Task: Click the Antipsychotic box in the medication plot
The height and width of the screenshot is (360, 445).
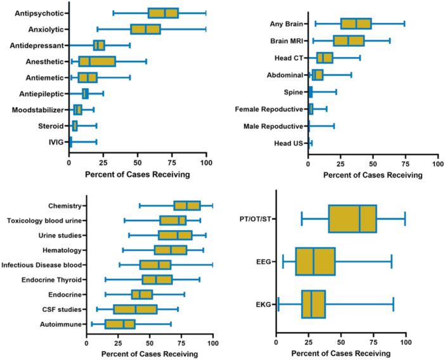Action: point(163,13)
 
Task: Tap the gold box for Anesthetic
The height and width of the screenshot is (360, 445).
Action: point(97,61)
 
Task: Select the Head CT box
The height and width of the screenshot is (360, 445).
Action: point(325,58)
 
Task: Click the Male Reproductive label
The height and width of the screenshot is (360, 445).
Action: point(273,126)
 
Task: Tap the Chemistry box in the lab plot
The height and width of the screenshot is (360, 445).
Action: point(187,205)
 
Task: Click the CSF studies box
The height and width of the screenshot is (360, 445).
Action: point(135,309)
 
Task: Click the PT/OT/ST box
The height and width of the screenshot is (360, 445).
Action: point(352,219)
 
